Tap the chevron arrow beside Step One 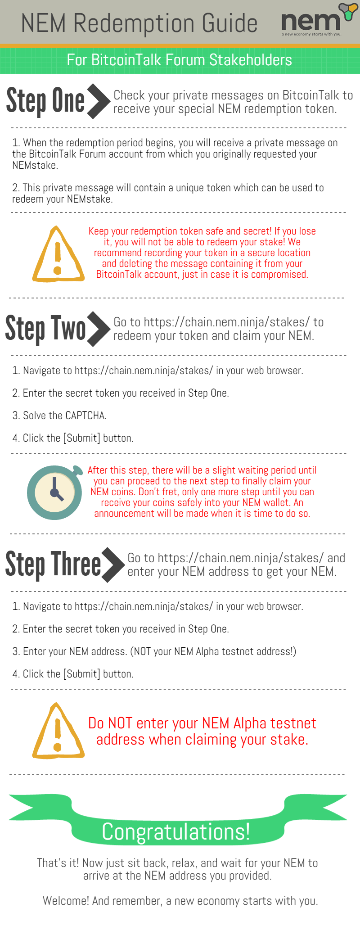click(99, 101)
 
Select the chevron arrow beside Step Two click(99, 329)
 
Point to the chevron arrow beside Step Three click(113, 565)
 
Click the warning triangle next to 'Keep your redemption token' click(58, 254)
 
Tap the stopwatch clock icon click(55, 492)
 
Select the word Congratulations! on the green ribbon click(176, 831)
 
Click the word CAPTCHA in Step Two click(86, 416)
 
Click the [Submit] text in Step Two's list click(81, 438)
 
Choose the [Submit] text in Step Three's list click(81, 674)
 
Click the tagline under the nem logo click(311, 34)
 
